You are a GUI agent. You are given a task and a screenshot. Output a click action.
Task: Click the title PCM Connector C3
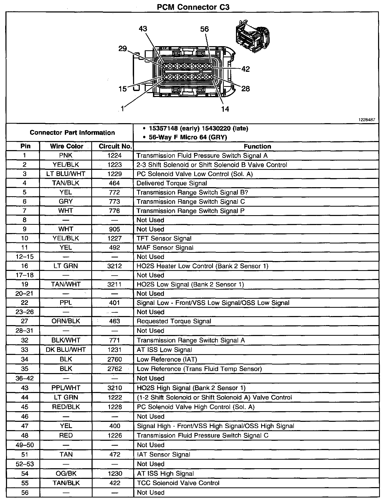tap(193, 7)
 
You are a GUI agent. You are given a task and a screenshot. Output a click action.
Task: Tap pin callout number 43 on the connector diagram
tap(143, 29)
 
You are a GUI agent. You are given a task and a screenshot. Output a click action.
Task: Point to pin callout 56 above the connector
tap(204, 29)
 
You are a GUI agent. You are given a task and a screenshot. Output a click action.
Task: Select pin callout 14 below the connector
tap(225, 109)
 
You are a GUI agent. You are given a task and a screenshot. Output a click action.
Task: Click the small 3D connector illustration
tap(252, 36)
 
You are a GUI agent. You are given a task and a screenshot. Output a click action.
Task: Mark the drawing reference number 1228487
tap(366, 120)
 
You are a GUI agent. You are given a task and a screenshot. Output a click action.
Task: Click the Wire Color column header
tap(66, 146)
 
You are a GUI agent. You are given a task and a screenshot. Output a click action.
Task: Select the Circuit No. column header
tap(115, 146)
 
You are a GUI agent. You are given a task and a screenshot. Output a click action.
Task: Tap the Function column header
tap(257, 146)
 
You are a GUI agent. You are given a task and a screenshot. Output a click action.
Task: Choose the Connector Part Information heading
tap(72, 132)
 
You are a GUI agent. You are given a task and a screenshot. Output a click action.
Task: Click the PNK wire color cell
tap(66, 156)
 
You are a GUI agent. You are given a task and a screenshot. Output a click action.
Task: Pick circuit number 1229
tap(114, 174)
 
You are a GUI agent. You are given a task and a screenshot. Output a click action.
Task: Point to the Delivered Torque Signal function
tap(172, 183)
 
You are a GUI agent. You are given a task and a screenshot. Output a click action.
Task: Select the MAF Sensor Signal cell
tap(165, 248)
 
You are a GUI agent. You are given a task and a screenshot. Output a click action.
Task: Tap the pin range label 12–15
tap(25, 257)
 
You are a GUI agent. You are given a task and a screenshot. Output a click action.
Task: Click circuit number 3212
tap(114, 266)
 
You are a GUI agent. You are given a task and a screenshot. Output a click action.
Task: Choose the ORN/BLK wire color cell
tap(66, 321)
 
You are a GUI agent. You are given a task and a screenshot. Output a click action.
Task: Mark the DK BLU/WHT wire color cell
tap(66, 350)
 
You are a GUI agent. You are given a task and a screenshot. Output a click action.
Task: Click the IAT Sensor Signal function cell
tap(163, 454)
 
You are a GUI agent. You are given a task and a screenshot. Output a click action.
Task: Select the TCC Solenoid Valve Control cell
tap(178, 483)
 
